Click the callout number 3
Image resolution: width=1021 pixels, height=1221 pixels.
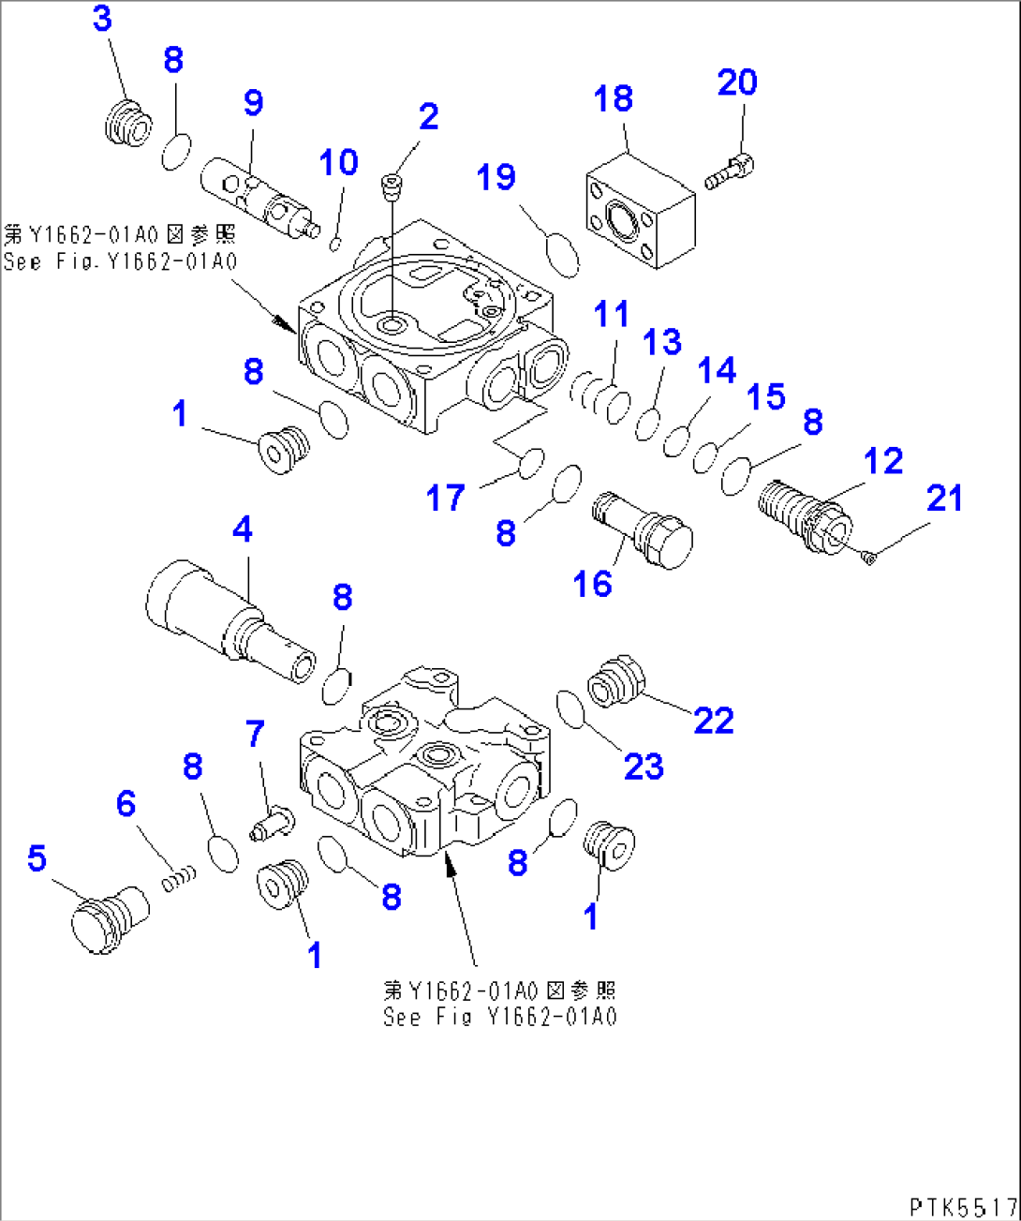click(x=103, y=19)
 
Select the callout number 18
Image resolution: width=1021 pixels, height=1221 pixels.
click(x=614, y=98)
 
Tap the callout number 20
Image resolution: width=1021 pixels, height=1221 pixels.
click(x=737, y=82)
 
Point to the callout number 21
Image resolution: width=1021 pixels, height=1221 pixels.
click(x=944, y=498)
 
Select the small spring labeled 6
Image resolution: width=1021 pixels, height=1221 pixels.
click(x=180, y=878)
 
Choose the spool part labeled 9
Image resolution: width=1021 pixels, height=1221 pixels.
click(x=258, y=198)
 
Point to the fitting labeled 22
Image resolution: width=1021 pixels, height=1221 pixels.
click(x=614, y=682)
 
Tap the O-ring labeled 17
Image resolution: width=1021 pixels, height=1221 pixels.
click(x=531, y=461)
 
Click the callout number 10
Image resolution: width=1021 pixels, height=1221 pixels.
click(x=338, y=162)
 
